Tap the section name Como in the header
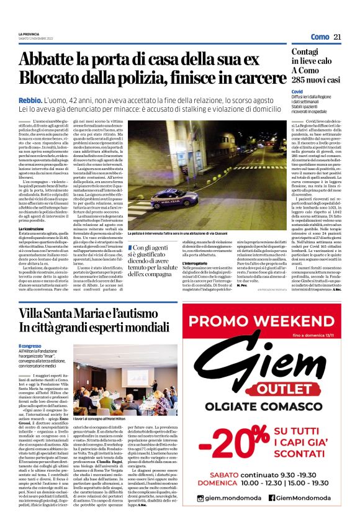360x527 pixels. click(320, 37)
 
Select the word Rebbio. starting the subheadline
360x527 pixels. click(31, 99)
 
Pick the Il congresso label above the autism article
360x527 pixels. click(29, 346)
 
